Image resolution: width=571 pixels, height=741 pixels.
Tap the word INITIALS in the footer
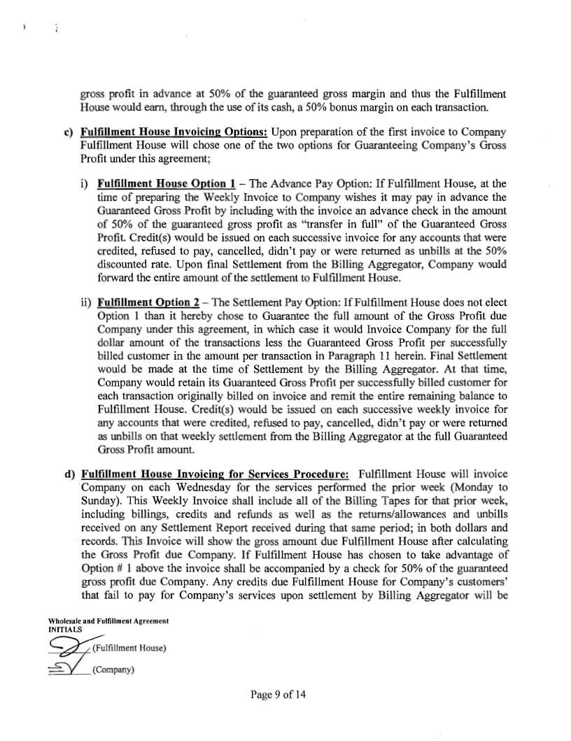pyautogui.click(x=66, y=628)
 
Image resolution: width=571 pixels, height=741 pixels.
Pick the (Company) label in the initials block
pyautogui.click(x=113, y=669)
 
